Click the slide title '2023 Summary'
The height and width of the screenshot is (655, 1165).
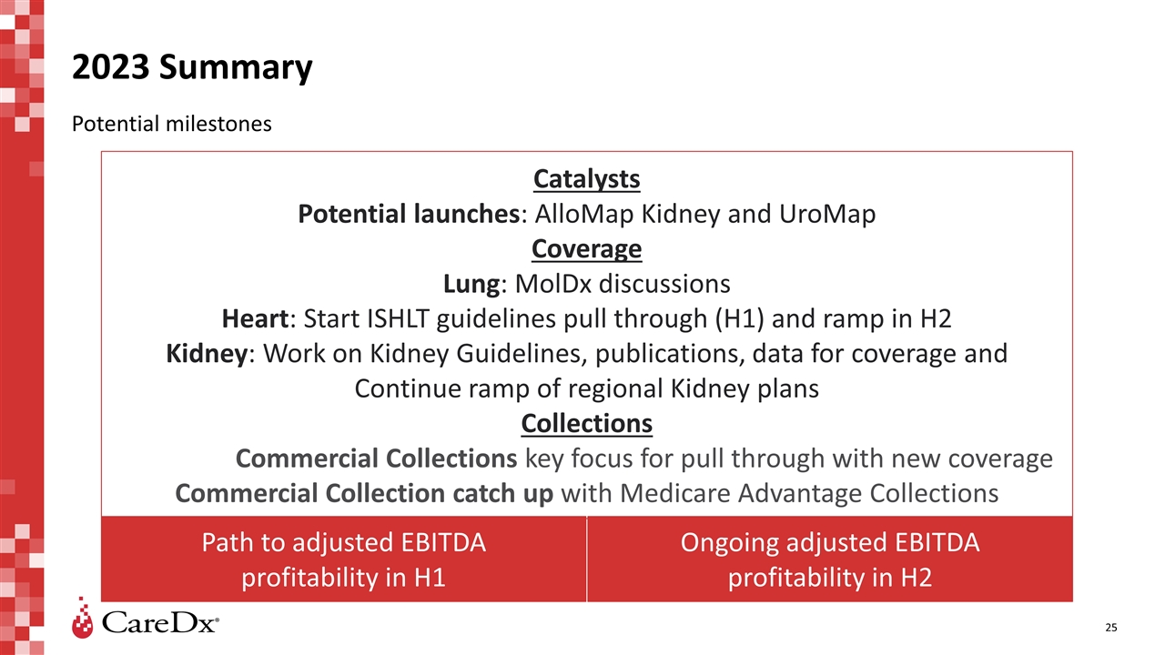(x=192, y=68)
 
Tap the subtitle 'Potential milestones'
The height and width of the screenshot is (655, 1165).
(x=171, y=124)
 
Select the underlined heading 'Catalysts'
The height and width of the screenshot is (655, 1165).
(x=586, y=179)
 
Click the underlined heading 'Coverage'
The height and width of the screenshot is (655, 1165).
(x=586, y=249)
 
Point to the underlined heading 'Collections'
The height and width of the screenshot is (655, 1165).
(x=586, y=424)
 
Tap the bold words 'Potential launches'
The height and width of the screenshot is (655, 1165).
(x=409, y=215)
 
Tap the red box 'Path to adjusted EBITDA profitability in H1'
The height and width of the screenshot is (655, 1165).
(x=343, y=559)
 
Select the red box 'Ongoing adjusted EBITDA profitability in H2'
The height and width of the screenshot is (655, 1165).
(x=830, y=559)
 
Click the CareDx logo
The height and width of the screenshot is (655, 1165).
(x=146, y=621)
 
